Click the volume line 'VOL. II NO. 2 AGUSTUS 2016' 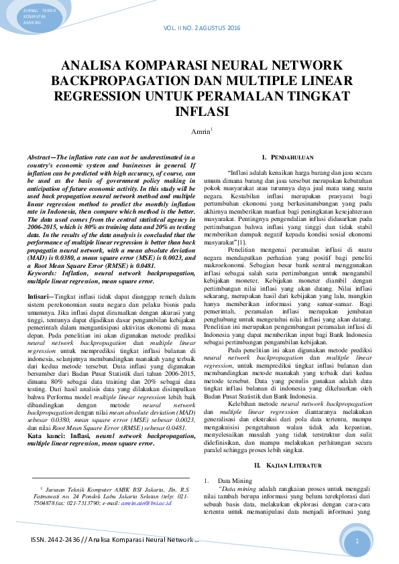(x=201, y=28)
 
